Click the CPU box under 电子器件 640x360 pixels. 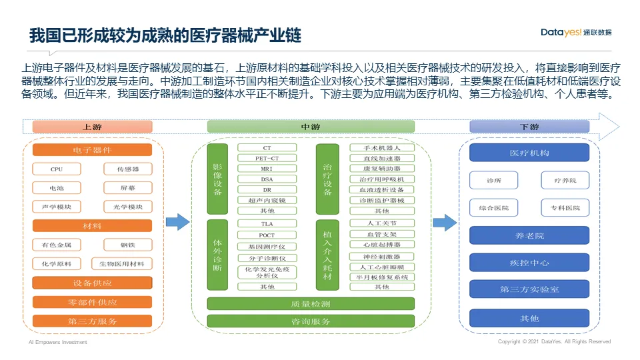(x=57, y=169)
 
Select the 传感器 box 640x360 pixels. (x=128, y=169)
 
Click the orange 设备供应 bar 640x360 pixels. (x=92, y=283)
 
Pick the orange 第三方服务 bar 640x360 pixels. (x=92, y=321)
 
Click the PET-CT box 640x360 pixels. (x=267, y=158)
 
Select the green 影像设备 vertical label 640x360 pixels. (x=217, y=179)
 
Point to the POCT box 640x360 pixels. (x=267, y=235)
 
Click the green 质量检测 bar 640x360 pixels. (x=311, y=304)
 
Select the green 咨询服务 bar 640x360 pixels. (x=311, y=321)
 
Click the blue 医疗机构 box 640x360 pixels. (x=529, y=153)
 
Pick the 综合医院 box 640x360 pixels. (x=494, y=208)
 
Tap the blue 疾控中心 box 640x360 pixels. (x=529, y=263)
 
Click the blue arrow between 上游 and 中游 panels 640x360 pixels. (x=177, y=222)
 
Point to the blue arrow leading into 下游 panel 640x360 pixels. (x=445, y=222)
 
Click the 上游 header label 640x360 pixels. (x=92, y=127)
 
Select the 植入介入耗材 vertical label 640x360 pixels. (x=327, y=255)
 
